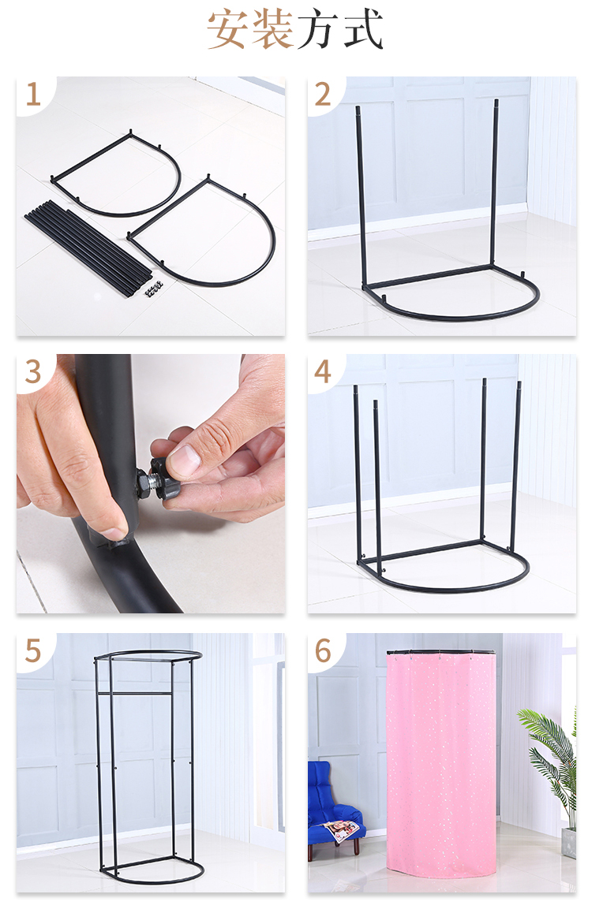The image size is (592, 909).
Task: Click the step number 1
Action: (33, 95)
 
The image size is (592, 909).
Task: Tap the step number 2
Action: (323, 95)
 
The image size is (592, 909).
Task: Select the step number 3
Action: (33, 371)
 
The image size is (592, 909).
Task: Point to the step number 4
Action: (323, 371)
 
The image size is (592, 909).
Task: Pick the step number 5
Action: (33, 650)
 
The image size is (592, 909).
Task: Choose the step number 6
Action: (323, 650)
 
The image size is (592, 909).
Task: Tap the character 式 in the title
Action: (363, 28)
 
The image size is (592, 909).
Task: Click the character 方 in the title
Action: (318, 28)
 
